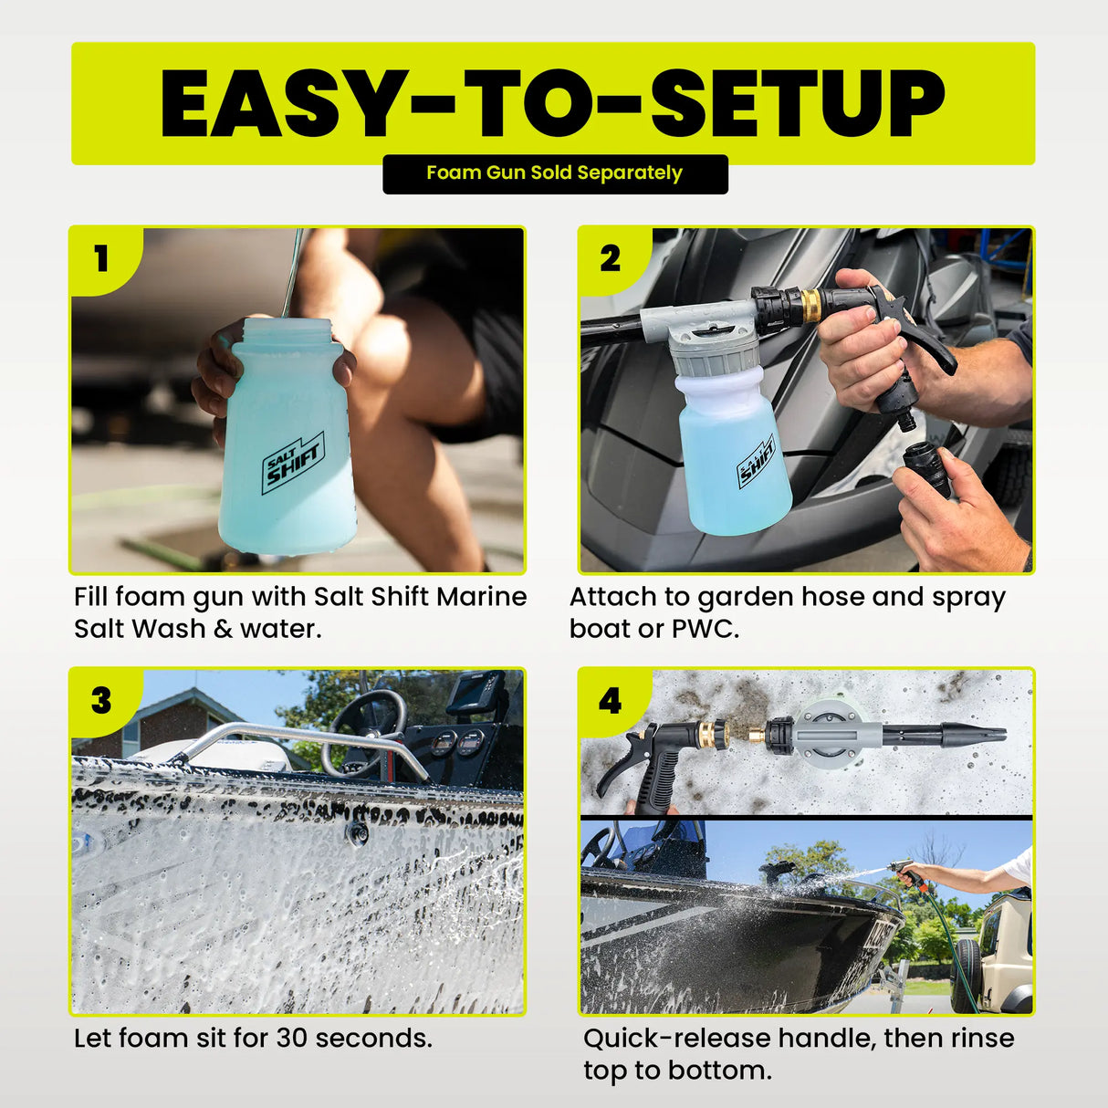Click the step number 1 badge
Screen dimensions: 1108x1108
(101, 259)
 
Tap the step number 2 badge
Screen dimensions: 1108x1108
(610, 259)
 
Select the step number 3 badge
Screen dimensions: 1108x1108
(101, 701)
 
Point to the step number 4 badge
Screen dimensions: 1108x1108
(610, 701)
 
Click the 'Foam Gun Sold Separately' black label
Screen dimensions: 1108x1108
(554, 173)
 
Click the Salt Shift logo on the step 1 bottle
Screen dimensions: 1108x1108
(293, 464)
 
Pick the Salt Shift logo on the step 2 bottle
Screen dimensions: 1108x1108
(757, 461)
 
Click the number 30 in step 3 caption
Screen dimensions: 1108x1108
(293, 1038)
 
